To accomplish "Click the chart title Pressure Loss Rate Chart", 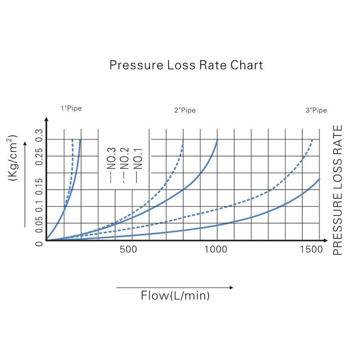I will pos(186,65).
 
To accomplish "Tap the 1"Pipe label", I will pos(71,108).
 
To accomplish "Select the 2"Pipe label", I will pos(185,110).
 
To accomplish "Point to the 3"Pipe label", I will pos(316,110).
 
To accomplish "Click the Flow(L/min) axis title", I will pos(175,296).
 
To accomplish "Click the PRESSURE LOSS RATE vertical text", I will pos(338,190).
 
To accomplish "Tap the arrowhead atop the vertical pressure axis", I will pos(46,120).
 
